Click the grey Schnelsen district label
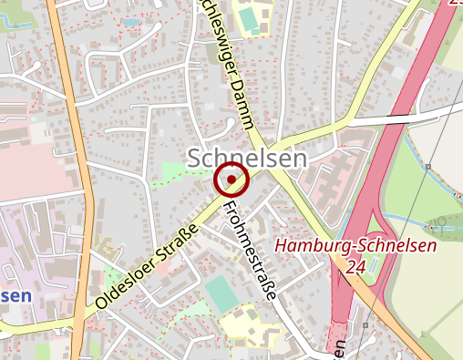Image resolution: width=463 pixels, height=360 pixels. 247,157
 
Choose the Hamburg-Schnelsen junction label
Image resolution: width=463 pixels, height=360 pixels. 356,245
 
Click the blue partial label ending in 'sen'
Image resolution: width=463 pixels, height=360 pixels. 15,296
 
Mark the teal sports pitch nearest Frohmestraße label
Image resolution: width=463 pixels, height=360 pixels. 220,293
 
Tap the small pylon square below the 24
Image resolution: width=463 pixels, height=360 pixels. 362,324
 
